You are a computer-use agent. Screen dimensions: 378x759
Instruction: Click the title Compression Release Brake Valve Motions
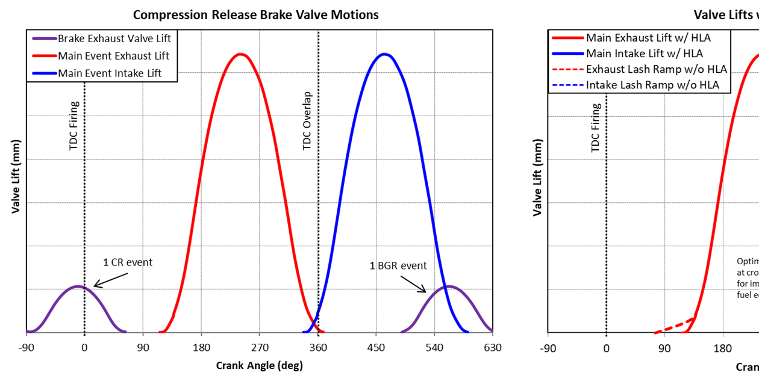click(x=256, y=14)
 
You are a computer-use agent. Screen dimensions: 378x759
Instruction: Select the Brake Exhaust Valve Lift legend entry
click(x=114, y=39)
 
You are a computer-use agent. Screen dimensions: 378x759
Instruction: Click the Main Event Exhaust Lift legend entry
click(x=113, y=56)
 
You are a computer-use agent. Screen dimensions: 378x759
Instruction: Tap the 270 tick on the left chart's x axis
click(x=259, y=347)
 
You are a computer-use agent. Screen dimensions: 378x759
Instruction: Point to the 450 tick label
click(x=376, y=347)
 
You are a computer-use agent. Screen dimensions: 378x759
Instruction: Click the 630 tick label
click(x=492, y=347)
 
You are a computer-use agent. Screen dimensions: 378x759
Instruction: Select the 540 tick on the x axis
click(x=434, y=347)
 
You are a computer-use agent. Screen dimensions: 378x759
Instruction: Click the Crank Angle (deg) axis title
click(x=259, y=365)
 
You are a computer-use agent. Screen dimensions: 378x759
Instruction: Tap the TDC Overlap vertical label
click(x=308, y=121)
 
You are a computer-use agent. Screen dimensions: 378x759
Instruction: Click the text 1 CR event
click(x=128, y=262)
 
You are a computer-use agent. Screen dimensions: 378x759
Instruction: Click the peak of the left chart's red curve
click(x=240, y=54)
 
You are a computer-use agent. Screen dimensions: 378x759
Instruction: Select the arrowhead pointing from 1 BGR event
click(x=425, y=291)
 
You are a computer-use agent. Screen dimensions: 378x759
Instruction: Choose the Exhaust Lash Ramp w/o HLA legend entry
click(x=657, y=69)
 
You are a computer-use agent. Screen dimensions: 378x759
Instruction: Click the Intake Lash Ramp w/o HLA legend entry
click(x=652, y=85)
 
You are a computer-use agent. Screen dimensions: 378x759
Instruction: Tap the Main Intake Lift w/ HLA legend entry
click(x=644, y=54)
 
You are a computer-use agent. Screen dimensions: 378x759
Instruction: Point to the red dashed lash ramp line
click(x=675, y=325)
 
